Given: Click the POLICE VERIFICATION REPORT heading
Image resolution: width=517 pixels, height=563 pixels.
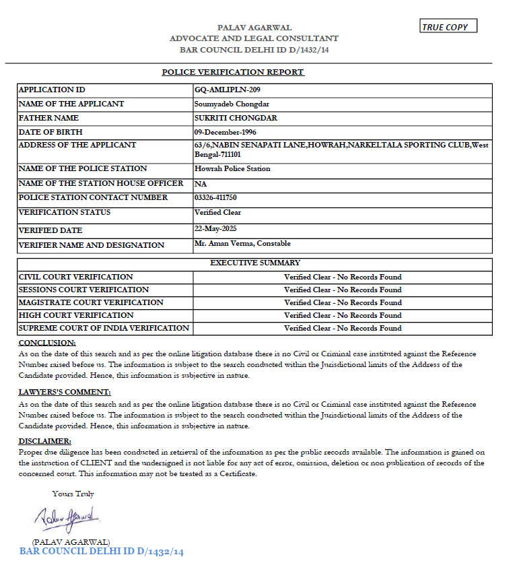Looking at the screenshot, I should pos(233,72).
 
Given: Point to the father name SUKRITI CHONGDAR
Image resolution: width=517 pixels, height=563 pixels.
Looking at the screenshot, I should pos(226,118).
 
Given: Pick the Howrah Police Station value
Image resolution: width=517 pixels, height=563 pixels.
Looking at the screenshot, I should pos(232,168).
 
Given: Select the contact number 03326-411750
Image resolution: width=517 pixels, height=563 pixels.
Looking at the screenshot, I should pos(215,197).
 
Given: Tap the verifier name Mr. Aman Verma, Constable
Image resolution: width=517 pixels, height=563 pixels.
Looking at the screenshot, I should pos(242,244).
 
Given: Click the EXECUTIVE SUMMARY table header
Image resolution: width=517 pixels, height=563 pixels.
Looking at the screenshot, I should pos(255,263).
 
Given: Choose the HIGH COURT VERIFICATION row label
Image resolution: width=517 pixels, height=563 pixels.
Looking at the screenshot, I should pos(76,315).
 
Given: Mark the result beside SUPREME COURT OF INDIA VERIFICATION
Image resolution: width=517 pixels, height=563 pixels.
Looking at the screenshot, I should pos(343,328).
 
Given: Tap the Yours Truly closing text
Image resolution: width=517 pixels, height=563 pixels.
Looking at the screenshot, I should pos(73,494).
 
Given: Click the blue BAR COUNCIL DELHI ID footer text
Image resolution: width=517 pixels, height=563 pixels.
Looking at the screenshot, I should pos(102,552).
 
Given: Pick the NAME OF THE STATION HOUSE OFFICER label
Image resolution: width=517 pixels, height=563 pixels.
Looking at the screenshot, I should pos(101,183).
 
